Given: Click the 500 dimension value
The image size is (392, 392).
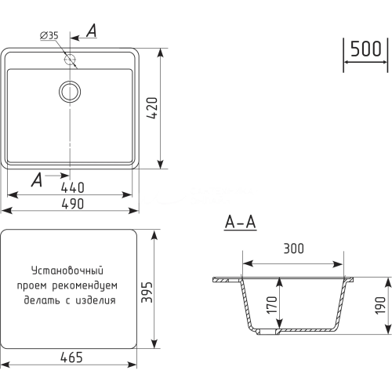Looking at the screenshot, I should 366,49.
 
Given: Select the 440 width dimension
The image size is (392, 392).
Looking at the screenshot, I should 71,188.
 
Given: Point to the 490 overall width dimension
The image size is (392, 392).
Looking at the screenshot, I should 71,203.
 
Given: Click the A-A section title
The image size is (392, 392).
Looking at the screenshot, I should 240,223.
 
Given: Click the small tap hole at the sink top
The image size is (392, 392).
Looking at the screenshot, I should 71,58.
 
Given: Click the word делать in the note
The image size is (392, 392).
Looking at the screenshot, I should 42,299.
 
